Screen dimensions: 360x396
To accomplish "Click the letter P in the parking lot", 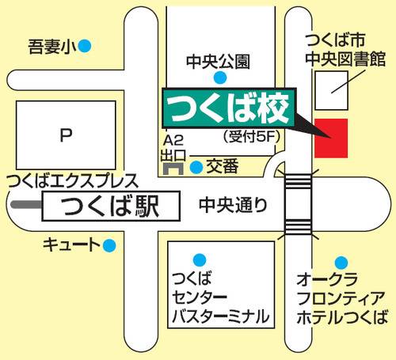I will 67,136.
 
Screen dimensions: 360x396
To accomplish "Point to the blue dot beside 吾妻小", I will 85,46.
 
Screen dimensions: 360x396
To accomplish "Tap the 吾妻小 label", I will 49,46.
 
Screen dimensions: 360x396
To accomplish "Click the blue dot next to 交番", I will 196,167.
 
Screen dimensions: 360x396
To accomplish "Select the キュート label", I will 72,245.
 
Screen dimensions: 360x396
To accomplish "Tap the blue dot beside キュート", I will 110,245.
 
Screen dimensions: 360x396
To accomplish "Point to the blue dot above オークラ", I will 341,262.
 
